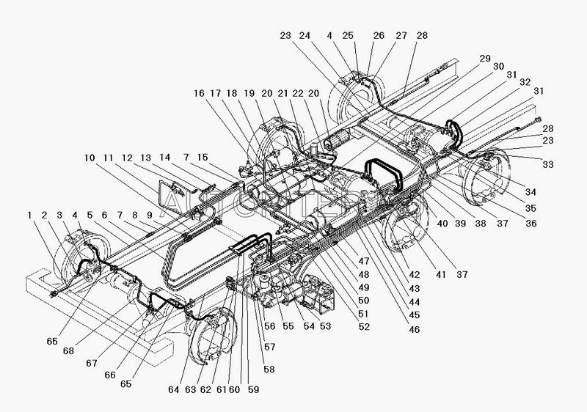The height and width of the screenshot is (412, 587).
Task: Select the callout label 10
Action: [x=89, y=158]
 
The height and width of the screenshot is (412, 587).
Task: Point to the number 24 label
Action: [x=305, y=34]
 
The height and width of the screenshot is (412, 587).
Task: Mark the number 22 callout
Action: [x=299, y=93]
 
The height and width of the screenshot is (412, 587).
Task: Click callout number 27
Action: [x=400, y=34]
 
